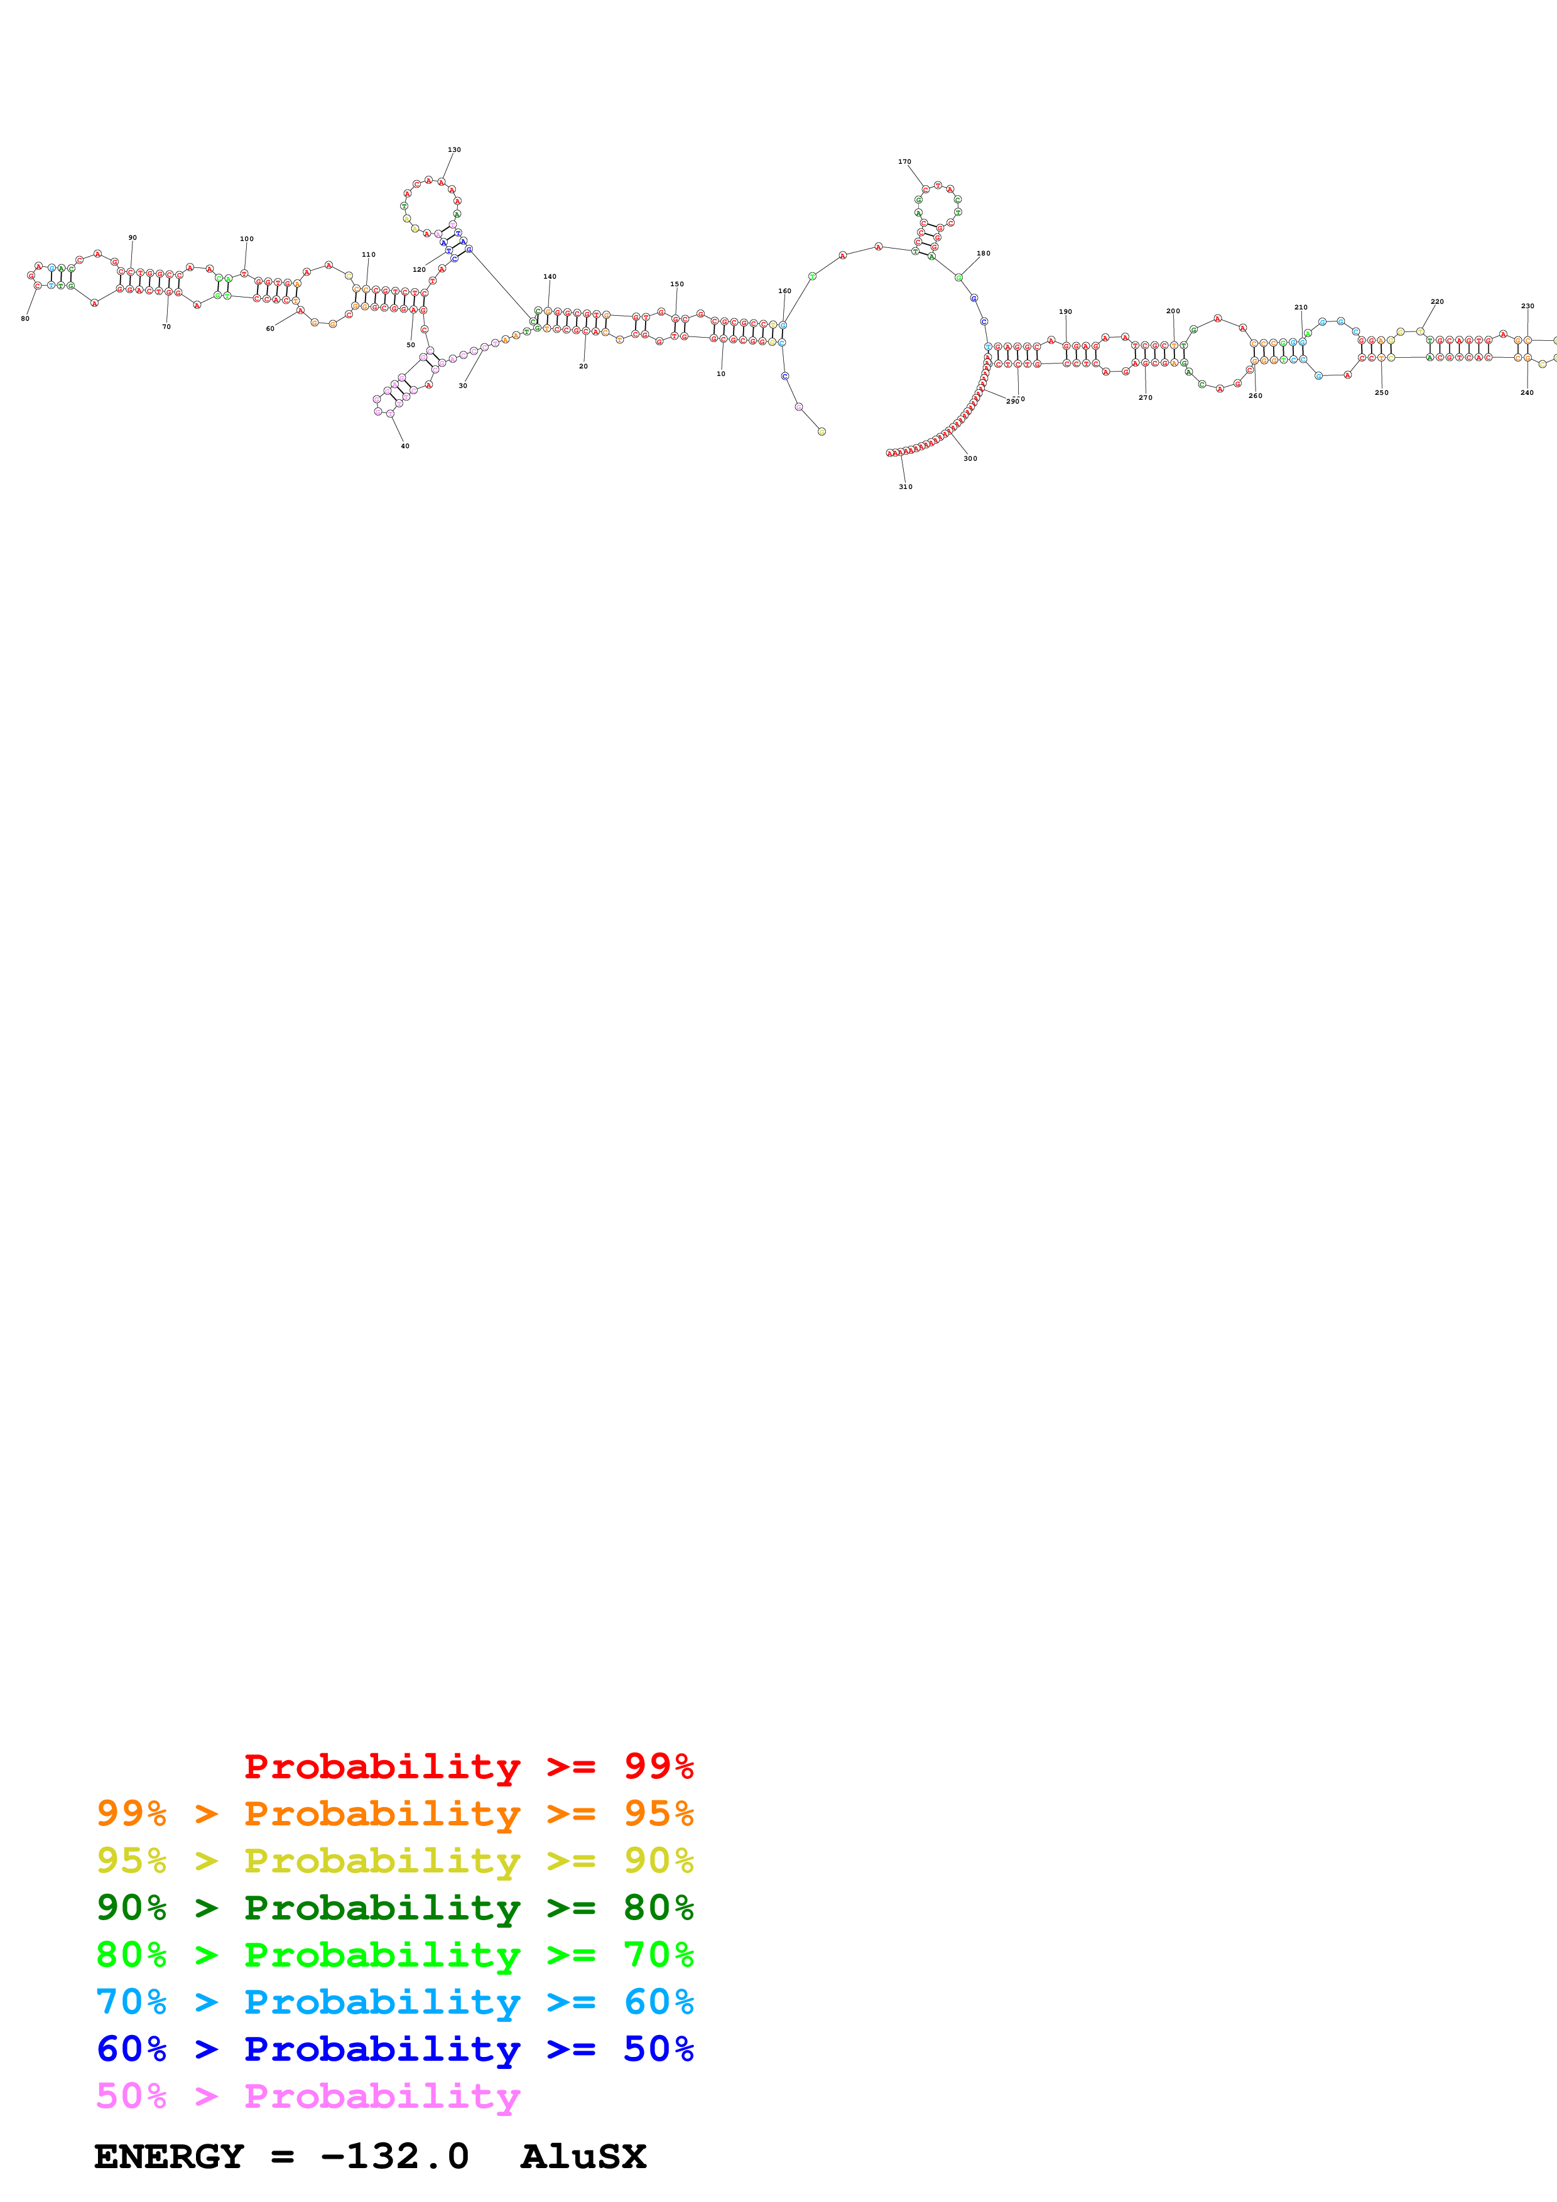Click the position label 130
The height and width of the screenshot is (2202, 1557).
[x=453, y=149]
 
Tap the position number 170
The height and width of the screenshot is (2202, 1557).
[x=904, y=162]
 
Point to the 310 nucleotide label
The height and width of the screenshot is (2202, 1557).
[x=904, y=486]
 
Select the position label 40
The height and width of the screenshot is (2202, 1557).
[x=405, y=446]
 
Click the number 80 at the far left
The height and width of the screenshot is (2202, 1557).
[x=25, y=318]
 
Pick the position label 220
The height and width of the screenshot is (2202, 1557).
[x=1436, y=301]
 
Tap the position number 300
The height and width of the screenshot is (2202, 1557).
[x=970, y=458]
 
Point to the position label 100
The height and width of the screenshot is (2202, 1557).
[x=247, y=239]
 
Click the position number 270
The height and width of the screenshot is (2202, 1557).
[x=1144, y=397]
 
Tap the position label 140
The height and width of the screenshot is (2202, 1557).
[x=550, y=276]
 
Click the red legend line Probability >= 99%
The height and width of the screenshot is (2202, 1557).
[x=468, y=1766]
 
